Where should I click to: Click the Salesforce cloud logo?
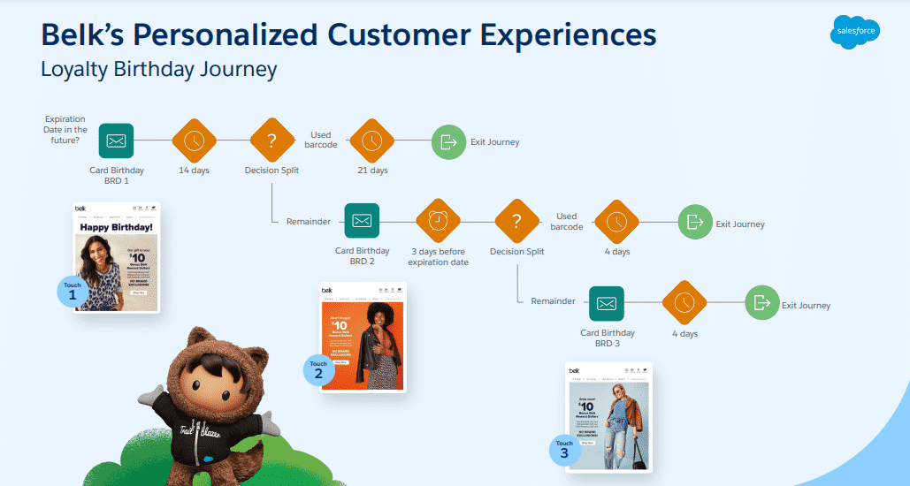[x=855, y=33]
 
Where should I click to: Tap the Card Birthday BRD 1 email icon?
[x=116, y=140]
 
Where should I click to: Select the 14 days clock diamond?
[x=194, y=140]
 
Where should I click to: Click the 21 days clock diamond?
[x=371, y=140]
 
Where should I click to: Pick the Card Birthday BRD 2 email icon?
[x=361, y=221]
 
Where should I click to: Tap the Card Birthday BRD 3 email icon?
[x=606, y=303]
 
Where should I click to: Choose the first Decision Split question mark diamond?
[x=271, y=140]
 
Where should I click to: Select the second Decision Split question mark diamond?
[x=516, y=221]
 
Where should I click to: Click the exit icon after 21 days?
[x=448, y=141]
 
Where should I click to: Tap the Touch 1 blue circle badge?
[x=73, y=291]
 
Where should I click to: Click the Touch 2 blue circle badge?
[x=318, y=369]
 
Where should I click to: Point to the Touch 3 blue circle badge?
[x=564, y=449]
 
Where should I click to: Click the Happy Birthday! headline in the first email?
[x=117, y=227]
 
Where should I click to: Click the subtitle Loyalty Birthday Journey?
[x=159, y=69]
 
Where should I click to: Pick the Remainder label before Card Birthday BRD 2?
[x=308, y=221]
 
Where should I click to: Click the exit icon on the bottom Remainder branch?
[x=761, y=303]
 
